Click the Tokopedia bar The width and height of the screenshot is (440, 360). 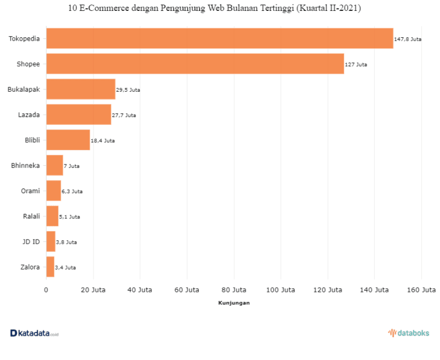click(220, 38)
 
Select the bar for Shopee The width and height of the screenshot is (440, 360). click(195, 64)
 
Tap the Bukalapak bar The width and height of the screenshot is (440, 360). click(81, 89)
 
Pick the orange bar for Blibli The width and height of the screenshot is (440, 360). click(68, 140)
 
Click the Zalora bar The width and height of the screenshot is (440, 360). click(50, 267)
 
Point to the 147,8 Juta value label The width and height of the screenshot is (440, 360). click(407, 40)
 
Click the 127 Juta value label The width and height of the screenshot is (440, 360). click(356, 65)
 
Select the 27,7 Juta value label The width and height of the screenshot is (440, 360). click(124, 115)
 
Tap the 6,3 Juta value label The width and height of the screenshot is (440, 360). click(72, 191)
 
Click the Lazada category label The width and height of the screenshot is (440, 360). click(29, 115)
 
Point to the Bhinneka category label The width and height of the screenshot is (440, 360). click(25, 166)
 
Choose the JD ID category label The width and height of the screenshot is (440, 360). click(31, 242)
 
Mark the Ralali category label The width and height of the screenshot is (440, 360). click(32, 216)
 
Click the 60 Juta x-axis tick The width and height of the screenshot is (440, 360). click(187, 290)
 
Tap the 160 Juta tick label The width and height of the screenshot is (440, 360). click(422, 290)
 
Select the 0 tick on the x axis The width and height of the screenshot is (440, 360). click(46, 290)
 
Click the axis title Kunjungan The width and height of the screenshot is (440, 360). click(234, 303)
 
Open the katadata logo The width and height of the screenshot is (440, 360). click(34, 333)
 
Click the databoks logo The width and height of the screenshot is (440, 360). click(409, 333)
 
